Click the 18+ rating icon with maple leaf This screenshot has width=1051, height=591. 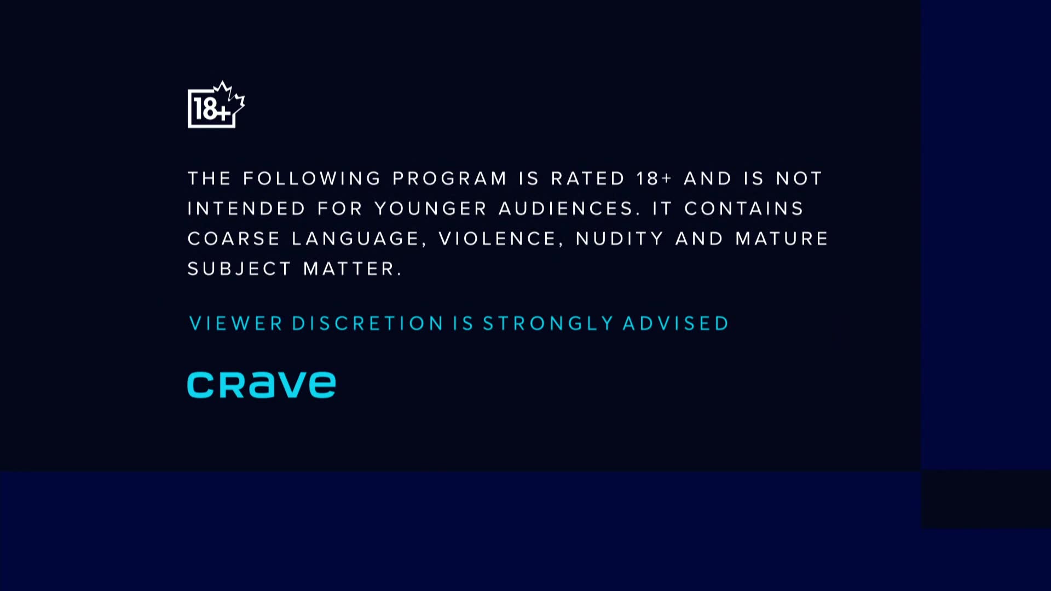click(x=216, y=105)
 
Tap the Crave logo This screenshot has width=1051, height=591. click(x=261, y=385)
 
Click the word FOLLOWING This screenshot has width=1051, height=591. click(x=312, y=178)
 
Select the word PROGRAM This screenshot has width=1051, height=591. click(x=449, y=178)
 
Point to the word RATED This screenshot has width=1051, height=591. click(x=587, y=178)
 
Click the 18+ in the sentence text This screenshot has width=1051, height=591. click(x=654, y=178)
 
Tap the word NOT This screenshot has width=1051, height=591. click(x=799, y=178)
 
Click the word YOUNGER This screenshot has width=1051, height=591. click(x=430, y=208)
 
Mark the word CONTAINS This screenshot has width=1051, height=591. click(x=744, y=208)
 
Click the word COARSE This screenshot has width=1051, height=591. click(x=234, y=239)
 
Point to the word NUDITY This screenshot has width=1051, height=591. click(x=620, y=239)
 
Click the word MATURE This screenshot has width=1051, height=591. click(x=782, y=239)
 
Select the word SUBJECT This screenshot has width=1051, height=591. click(x=239, y=269)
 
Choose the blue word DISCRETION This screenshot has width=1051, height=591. click(x=367, y=323)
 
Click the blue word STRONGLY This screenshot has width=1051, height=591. click(x=547, y=323)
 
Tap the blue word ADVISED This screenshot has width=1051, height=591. click(x=676, y=323)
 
